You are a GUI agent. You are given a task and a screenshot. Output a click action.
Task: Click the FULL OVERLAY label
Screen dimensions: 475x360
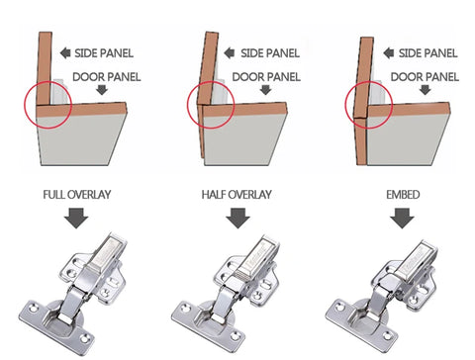[77, 195]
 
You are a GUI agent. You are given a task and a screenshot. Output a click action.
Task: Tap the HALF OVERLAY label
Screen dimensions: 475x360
[237, 195]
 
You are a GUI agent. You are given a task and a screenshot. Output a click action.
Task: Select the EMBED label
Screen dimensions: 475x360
[403, 195]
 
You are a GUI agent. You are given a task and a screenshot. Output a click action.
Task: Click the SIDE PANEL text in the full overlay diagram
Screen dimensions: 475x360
[104, 53]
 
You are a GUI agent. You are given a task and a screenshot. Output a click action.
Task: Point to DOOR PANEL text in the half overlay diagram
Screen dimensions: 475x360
[266, 77]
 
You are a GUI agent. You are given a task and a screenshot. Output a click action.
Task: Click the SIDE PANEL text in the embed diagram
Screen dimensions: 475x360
[427, 53]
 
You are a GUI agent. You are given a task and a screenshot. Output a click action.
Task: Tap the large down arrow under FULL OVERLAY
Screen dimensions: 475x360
[76, 218]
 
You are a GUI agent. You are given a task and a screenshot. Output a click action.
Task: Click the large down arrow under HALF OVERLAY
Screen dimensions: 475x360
[237, 218]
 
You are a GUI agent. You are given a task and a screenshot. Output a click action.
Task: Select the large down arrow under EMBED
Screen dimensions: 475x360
[402, 218]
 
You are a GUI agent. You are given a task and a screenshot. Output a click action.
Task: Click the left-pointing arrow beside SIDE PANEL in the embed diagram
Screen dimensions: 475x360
[389, 52]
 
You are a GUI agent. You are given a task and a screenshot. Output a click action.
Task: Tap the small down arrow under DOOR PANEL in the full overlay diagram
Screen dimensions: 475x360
[102, 90]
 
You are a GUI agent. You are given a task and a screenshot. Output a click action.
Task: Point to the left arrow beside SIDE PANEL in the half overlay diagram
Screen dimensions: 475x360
[230, 52]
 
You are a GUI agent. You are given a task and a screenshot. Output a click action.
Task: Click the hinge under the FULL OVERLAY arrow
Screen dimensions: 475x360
[73, 294]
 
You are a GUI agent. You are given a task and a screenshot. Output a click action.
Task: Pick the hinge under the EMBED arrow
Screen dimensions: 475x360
[383, 295]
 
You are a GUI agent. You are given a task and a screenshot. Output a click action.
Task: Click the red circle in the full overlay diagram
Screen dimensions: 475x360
[25, 105]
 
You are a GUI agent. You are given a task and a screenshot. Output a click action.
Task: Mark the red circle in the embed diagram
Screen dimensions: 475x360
[345, 105]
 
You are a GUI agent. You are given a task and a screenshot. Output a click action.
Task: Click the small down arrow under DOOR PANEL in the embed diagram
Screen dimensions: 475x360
[426, 90]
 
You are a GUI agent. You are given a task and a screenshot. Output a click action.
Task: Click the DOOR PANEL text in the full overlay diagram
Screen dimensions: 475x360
[107, 77]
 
